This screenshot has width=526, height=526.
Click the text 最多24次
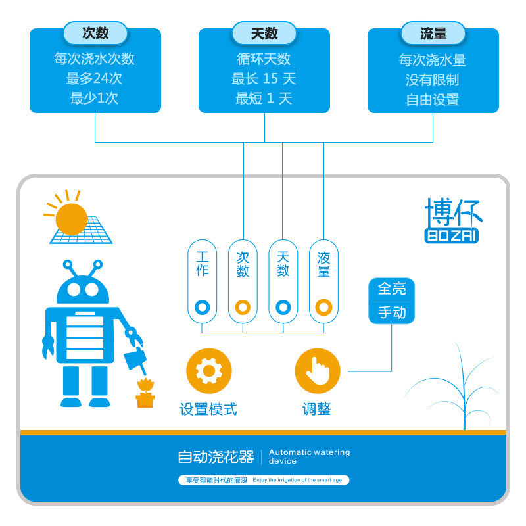(x=95, y=79)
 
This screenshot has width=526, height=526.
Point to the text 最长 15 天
(x=264, y=79)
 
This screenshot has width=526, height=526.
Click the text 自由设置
(x=433, y=100)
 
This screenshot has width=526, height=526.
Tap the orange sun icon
(x=71, y=218)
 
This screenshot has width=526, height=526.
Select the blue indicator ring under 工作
(x=203, y=306)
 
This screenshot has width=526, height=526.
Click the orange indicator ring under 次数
(x=243, y=306)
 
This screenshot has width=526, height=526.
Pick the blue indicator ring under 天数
(x=283, y=306)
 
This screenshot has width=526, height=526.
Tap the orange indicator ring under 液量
(x=323, y=306)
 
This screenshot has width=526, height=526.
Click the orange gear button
(x=209, y=371)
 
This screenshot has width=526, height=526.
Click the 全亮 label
(x=392, y=288)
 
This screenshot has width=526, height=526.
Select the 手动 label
(x=392, y=312)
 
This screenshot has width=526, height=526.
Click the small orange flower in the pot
(x=145, y=385)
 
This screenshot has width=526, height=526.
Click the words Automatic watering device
(x=309, y=456)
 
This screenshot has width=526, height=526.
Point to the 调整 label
(x=317, y=409)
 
